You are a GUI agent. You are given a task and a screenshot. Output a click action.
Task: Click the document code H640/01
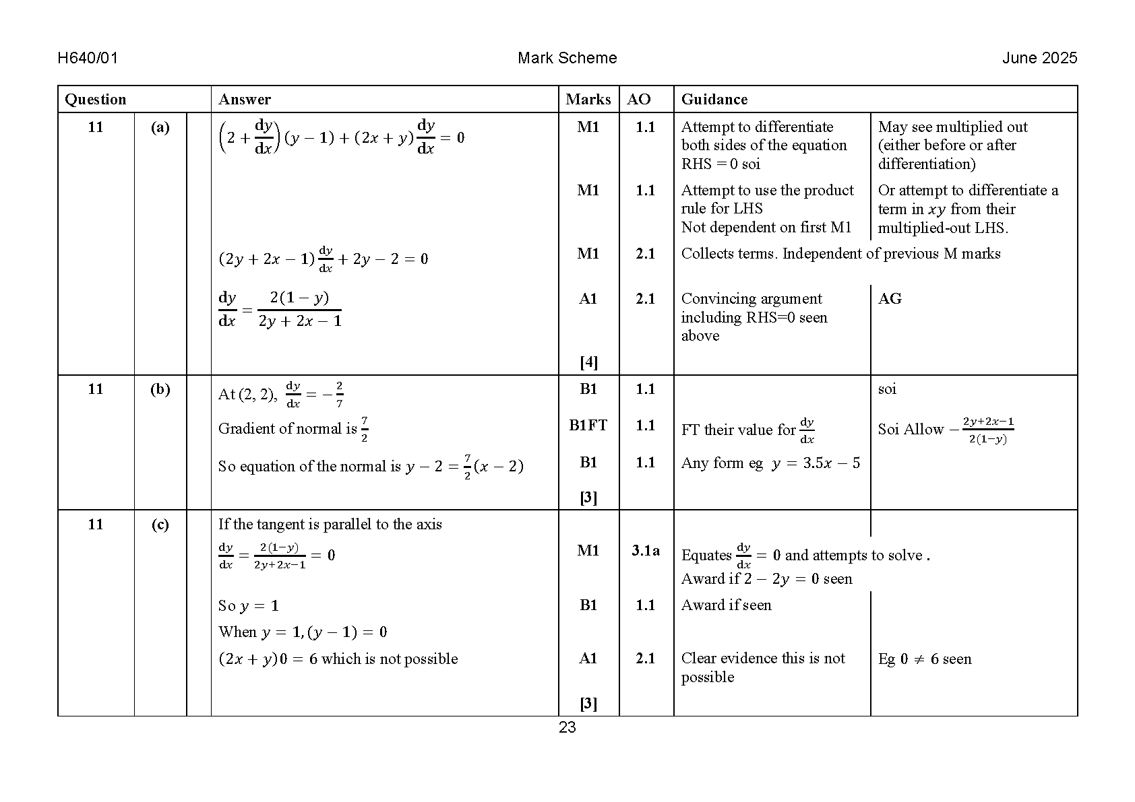coord(88,58)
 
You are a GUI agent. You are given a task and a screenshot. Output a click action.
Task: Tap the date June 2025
coord(1039,58)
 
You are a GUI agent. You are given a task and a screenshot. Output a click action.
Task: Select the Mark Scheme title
coord(567,58)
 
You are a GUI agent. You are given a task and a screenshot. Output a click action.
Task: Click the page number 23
coord(567,727)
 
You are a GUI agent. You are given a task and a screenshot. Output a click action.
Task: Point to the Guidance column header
coord(714,100)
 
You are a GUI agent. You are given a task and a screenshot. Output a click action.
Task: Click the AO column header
coord(638,100)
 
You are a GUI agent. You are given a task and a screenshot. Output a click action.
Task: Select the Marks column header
coord(588,100)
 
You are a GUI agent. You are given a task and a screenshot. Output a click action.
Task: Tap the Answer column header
coord(244,100)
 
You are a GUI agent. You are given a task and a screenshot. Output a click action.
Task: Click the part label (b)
coord(160,389)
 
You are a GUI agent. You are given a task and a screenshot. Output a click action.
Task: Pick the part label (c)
coord(160,525)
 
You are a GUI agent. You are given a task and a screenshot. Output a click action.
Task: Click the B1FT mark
coord(588,426)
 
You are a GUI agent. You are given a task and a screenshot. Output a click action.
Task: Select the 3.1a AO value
coord(645,551)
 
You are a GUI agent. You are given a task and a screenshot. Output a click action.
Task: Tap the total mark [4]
coord(588,362)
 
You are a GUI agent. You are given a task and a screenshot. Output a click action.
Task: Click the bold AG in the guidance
coord(890,299)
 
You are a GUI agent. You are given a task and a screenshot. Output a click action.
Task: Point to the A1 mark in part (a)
coord(588,299)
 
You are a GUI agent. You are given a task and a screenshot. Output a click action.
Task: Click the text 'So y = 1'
coord(248,605)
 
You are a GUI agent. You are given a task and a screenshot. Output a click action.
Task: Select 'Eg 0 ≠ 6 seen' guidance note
coord(925,659)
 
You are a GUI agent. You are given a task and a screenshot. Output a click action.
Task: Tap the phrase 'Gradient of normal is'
coord(287,429)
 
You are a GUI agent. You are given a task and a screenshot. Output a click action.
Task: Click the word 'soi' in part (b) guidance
coord(887,389)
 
